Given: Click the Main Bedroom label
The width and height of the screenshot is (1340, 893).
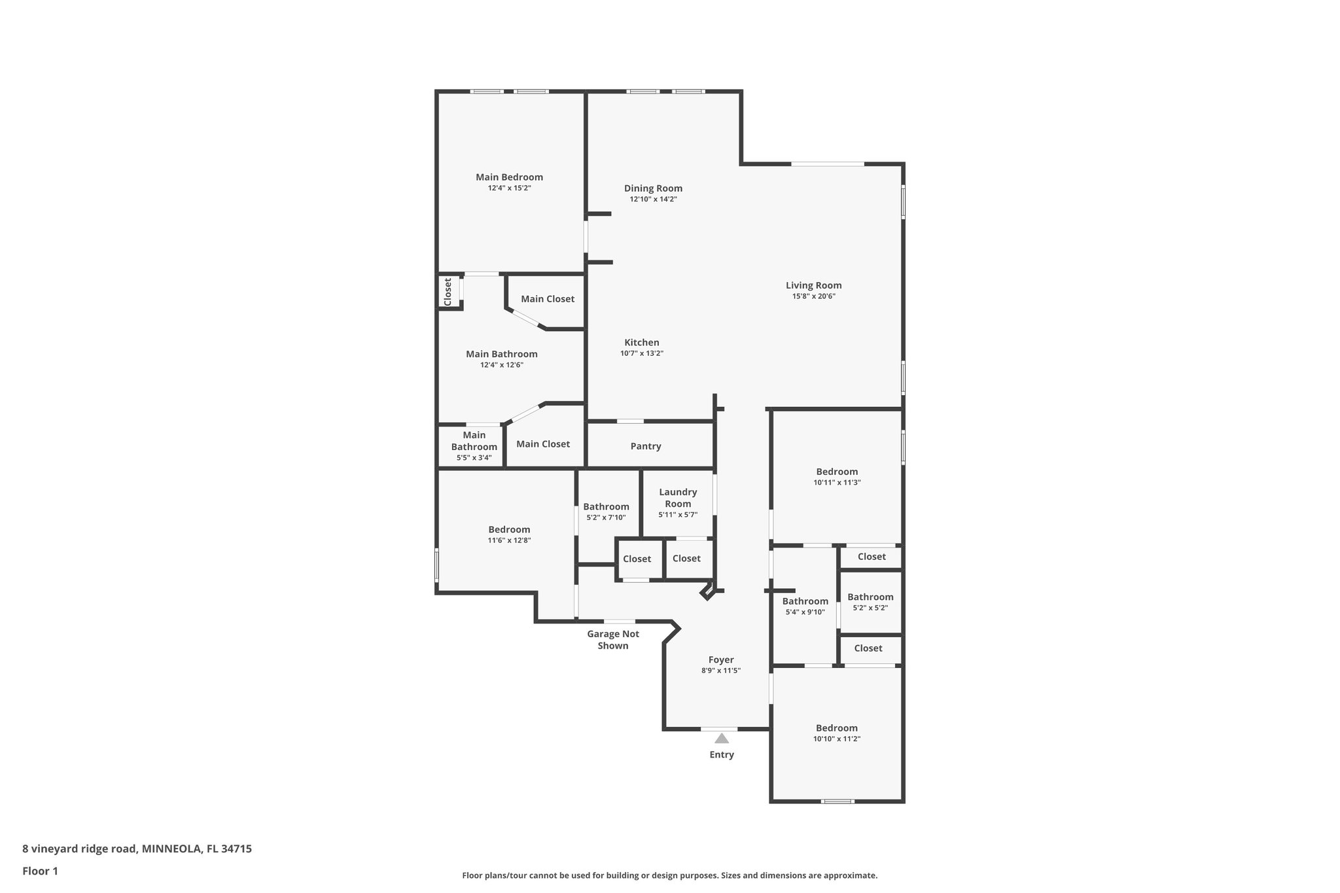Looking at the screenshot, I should coord(509,177).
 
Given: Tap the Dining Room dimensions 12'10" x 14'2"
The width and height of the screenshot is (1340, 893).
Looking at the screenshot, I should coord(653,199).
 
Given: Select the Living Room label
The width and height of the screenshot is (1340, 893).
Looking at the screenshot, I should coord(813,285).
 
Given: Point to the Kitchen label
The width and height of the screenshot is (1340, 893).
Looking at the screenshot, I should coord(642,342).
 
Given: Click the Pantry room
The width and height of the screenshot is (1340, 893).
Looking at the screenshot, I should coord(646,446).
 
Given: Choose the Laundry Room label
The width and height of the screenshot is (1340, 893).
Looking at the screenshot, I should coord(678,498).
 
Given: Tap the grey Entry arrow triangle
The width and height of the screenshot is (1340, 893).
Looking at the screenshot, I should coord(722,739).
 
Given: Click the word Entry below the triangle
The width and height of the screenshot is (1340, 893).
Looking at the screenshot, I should coord(722,754).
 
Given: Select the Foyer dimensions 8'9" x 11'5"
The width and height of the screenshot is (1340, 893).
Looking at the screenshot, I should coord(721,671).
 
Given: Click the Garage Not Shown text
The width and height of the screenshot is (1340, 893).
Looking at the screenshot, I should coord(613,640).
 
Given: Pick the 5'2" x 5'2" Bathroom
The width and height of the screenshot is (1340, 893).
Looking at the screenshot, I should coord(870,602).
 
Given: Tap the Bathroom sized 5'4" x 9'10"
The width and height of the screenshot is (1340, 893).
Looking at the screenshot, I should coord(805,606).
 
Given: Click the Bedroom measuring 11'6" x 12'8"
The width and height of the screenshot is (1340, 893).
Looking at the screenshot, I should coord(509,534).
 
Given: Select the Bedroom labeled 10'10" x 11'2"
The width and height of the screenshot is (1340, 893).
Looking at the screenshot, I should coord(836,733).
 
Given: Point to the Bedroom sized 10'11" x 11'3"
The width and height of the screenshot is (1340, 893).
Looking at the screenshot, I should coord(837,476).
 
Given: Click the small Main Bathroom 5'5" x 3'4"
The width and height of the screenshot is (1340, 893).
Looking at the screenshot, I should coord(474,446).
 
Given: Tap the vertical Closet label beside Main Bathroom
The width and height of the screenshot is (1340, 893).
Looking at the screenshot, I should coord(448,292).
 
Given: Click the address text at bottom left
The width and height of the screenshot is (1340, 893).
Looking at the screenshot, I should coord(137,849).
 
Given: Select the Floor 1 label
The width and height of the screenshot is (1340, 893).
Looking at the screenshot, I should coord(41,871).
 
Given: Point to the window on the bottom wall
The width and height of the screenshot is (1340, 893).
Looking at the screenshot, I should coord(837,801).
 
